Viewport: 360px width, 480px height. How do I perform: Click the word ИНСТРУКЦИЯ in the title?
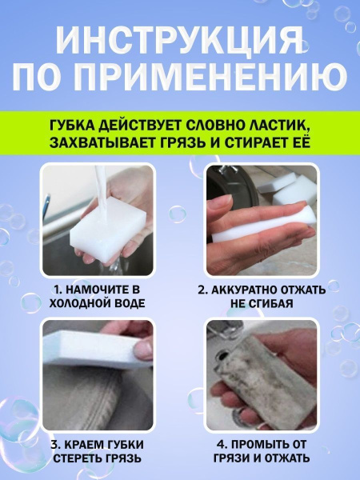coord(180,38)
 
